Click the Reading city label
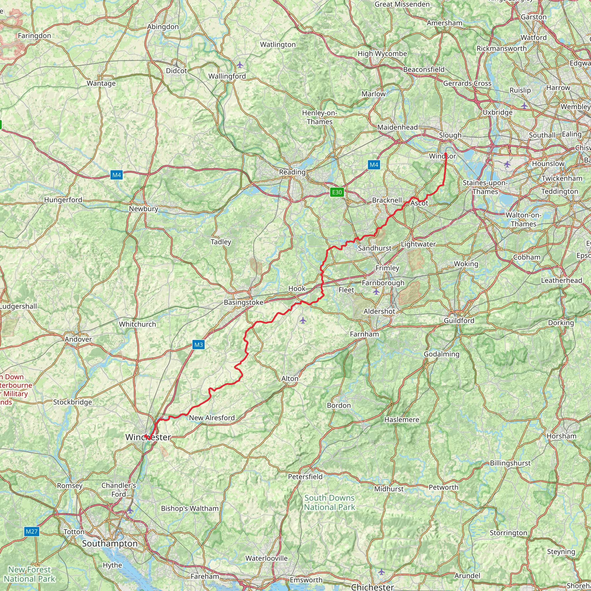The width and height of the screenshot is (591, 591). (x=292, y=172)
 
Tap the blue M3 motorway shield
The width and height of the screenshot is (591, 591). (x=198, y=345)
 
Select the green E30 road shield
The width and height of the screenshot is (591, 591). (x=337, y=192)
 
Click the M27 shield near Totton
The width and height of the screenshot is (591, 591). (x=31, y=531)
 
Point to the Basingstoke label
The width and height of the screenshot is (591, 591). (x=244, y=302)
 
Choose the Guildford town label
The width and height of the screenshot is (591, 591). (x=459, y=320)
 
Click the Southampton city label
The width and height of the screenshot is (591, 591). (x=110, y=543)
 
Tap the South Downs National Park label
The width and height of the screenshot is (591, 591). (x=330, y=502)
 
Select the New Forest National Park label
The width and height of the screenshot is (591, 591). (x=29, y=574)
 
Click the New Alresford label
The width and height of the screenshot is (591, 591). (x=212, y=418)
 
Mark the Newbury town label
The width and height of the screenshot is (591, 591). (x=143, y=209)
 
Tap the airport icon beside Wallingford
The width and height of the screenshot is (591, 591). (x=240, y=65)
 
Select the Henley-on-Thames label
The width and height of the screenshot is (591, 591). (x=320, y=117)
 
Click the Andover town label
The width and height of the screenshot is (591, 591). (x=78, y=339)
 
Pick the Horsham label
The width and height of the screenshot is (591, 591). (x=561, y=436)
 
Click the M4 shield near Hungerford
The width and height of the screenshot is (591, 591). (x=117, y=175)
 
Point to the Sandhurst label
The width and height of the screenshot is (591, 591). (x=374, y=248)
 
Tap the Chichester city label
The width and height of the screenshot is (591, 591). (x=373, y=587)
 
